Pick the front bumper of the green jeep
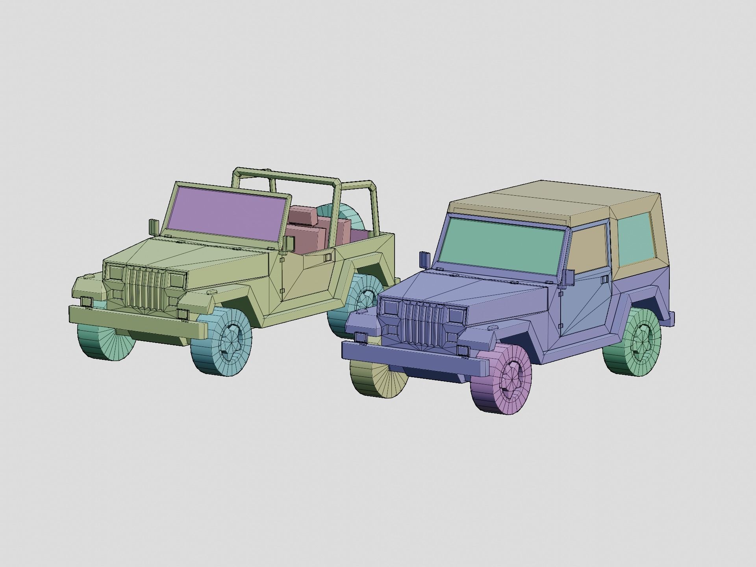point(138,321)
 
